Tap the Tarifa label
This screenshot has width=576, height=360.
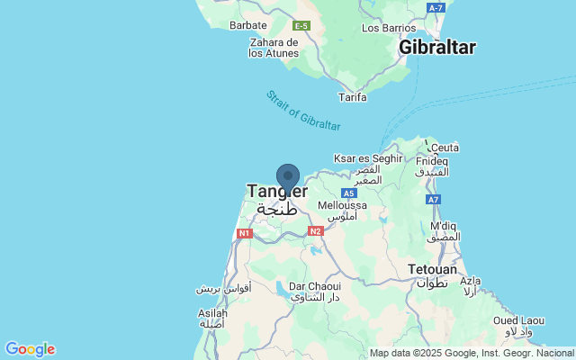(352, 96)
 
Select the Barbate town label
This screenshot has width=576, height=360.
(247, 25)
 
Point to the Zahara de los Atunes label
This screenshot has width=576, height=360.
(274, 48)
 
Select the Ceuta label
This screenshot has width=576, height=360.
(445, 148)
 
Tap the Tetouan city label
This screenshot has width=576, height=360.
(432, 269)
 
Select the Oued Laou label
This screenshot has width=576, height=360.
(518, 320)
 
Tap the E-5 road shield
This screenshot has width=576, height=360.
(301, 25)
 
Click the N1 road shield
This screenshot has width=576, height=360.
(244, 233)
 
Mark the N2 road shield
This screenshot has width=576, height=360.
(315, 231)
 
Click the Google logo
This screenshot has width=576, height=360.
(30, 349)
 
